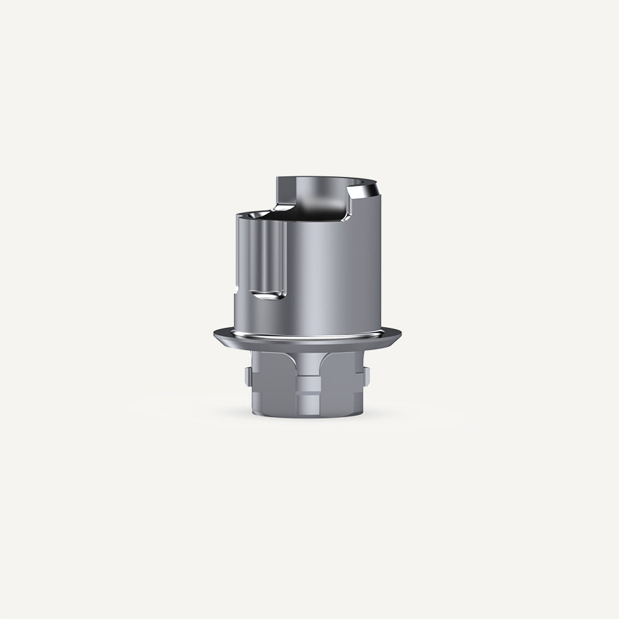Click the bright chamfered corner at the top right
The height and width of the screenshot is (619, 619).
363,191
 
